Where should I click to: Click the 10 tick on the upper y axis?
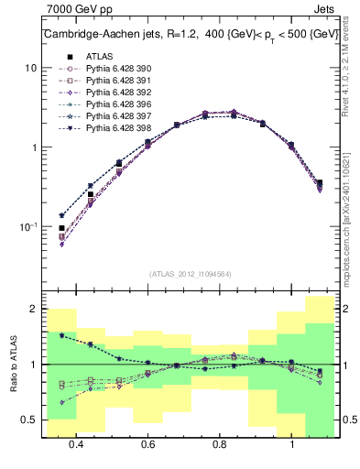click(30, 69)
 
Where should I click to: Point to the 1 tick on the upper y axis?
click(33, 147)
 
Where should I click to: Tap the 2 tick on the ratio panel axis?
click(33, 310)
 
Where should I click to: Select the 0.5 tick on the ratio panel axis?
click(29, 420)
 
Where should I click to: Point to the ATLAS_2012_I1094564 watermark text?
click(189, 273)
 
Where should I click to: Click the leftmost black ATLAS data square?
click(61, 228)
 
